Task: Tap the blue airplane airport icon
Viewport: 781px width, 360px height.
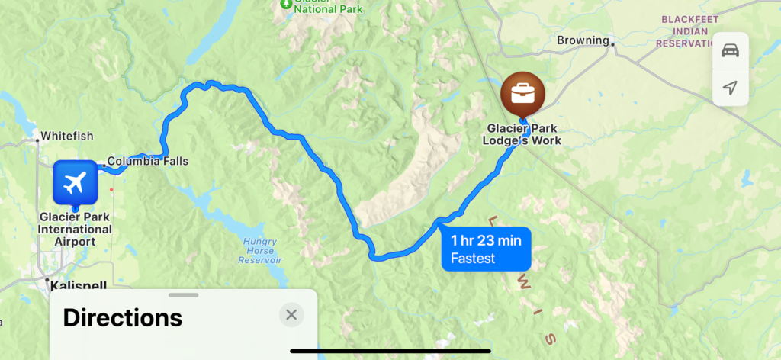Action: [x=74, y=183]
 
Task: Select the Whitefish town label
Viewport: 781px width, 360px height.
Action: [x=66, y=136]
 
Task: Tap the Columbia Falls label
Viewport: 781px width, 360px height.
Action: [x=147, y=161]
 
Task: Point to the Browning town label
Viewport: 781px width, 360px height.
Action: [x=583, y=40]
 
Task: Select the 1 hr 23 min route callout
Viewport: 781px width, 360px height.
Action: [x=486, y=249]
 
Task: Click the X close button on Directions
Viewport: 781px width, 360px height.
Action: [x=291, y=314]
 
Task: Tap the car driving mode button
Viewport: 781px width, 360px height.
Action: [x=730, y=50]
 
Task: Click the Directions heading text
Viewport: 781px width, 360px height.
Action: [x=122, y=317]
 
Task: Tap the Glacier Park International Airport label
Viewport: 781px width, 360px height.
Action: [x=75, y=229]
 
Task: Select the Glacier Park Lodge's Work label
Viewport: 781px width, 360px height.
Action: [x=522, y=134]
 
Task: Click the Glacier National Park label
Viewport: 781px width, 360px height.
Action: [x=320, y=8]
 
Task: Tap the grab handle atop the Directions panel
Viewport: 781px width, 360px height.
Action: [x=183, y=294]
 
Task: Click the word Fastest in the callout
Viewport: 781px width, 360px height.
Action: [x=473, y=259]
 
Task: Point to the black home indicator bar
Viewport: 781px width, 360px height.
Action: [x=390, y=351]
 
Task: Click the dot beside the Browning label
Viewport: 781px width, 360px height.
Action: [x=612, y=44]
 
